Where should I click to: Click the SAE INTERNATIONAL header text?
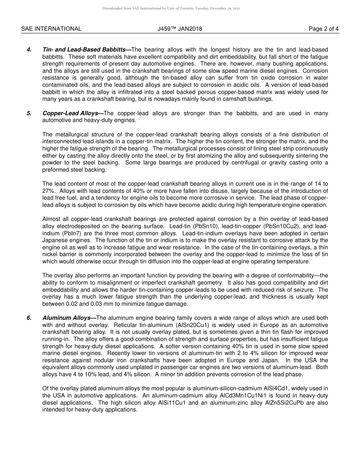(x=51, y=29)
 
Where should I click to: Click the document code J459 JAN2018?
(x=180, y=29)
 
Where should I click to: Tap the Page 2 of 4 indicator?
(x=324, y=29)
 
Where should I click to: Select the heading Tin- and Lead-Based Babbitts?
(x=86, y=50)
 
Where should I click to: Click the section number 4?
(x=29, y=50)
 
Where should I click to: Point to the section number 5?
(x=29, y=113)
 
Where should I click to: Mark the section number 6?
(x=29, y=318)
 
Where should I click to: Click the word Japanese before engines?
(x=56, y=240)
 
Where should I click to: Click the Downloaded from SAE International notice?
(x=171, y=8)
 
